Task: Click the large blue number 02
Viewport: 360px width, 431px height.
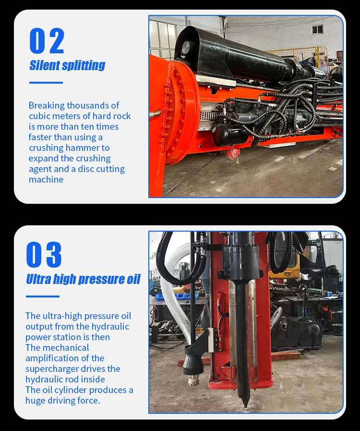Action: click(x=47, y=41)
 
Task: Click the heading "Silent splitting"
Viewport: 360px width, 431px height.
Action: click(x=67, y=65)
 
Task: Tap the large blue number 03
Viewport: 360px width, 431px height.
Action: click(x=44, y=255)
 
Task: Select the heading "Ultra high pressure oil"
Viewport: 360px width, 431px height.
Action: click(x=83, y=279)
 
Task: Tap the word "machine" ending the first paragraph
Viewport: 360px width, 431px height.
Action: click(x=46, y=180)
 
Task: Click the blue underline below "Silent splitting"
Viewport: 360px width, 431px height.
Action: click(x=46, y=83)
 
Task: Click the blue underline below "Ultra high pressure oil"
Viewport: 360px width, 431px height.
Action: click(x=42, y=296)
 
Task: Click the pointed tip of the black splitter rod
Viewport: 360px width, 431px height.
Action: click(x=245, y=406)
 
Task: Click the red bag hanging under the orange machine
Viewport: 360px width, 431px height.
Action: click(x=232, y=154)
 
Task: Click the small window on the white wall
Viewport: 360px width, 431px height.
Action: click(x=317, y=29)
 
